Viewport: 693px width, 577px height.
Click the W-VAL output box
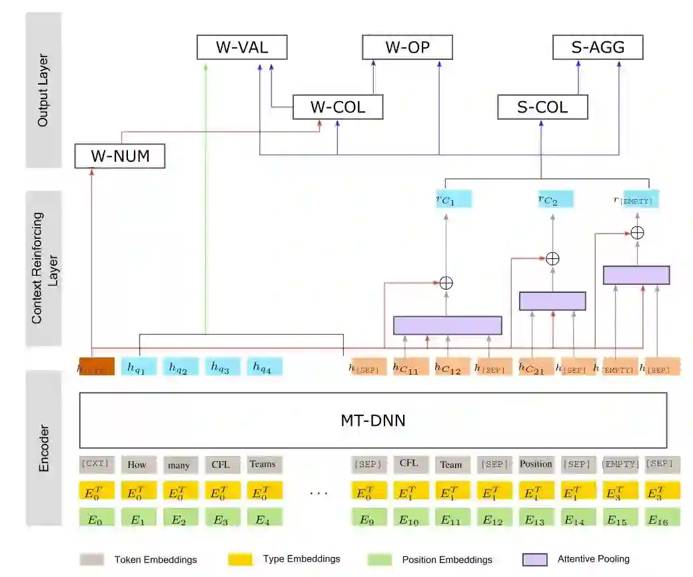coord(242,47)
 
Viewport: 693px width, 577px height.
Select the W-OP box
coord(407,47)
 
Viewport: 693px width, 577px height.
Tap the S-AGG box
coord(598,47)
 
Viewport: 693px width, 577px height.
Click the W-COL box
coord(338,106)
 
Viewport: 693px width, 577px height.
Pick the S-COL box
coord(542,106)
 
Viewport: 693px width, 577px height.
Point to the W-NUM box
coord(120,157)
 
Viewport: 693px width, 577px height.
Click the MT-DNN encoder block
coord(373,421)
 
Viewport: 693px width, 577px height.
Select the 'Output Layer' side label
coord(43,90)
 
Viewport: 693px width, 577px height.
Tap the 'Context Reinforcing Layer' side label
coord(43,268)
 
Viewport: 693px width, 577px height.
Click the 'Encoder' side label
coord(43,448)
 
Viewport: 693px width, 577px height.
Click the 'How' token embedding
coord(139,464)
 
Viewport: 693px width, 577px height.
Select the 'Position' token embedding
coord(536,464)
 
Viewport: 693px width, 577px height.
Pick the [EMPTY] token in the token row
coord(620,464)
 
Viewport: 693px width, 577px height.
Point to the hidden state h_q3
coord(222,366)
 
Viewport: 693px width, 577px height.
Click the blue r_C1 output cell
coord(454,199)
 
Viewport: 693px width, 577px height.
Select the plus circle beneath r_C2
coord(552,258)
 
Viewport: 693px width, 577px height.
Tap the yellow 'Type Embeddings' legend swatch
coord(240,559)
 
